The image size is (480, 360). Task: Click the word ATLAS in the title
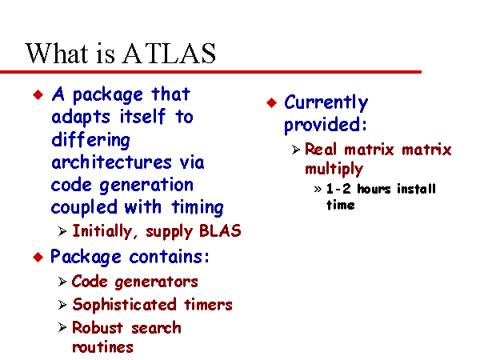click(x=170, y=54)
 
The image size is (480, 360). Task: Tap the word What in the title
click(x=57, y=54)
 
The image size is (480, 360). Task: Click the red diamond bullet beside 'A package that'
click(x=38, y=94)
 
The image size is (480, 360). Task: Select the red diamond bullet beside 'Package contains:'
click(x=38, y=257)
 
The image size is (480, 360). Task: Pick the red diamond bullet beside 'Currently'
click(x=271, y=102)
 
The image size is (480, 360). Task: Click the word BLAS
click(x=220, y=231)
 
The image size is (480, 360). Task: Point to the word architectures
click(x=111, y=162)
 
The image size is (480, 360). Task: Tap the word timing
click(x=198, y=208)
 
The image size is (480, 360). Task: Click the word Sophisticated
click(x=124, y=305)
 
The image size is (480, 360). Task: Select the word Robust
click(x=98, y=327)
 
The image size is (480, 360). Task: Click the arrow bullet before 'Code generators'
click(x=62, y=282)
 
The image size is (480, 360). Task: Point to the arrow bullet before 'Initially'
click(x=62, y=231)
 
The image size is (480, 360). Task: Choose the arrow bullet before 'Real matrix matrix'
click(x=296, y=150)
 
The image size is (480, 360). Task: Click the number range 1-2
click(x=338, y=189)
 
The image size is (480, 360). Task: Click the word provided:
click(x=326, y=126)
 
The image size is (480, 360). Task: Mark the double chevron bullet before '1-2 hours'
click(x=318, y=189)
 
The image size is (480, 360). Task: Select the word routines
click(x=102, y=347)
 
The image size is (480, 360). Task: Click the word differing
click(x=90, y=141)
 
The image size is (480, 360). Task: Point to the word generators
click(x=157, y=282)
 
